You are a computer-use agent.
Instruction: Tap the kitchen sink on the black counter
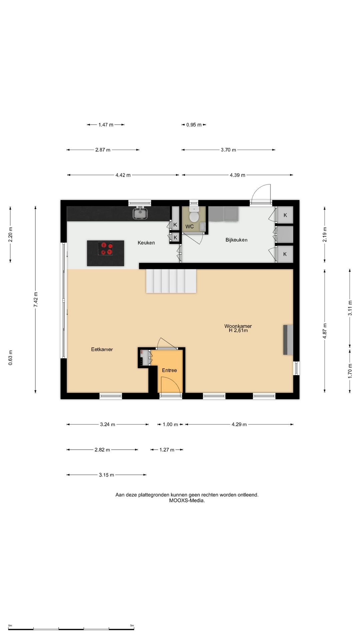point(140,213)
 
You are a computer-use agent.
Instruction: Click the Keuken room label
point(146,243)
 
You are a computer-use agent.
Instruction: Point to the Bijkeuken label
point(236,240)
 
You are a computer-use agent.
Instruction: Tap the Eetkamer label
point(102,349)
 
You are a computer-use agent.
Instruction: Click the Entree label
point(169,370)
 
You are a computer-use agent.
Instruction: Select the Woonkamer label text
point(238,326)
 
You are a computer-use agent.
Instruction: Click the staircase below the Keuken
point(171,281)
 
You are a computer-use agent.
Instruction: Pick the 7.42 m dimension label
point(36,300)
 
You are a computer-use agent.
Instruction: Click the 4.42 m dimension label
point(123,175)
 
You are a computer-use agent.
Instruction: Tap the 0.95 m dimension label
point(194,125)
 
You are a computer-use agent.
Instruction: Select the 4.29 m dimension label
point(239,424)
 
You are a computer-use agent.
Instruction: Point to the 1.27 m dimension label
point(167,450)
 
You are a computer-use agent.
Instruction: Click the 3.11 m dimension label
point(350,308)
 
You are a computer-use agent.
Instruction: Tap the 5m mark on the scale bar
point(132,626)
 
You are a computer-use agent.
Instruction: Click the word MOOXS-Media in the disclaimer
point(187,500)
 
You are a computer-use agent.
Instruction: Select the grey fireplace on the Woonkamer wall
point(288,340)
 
